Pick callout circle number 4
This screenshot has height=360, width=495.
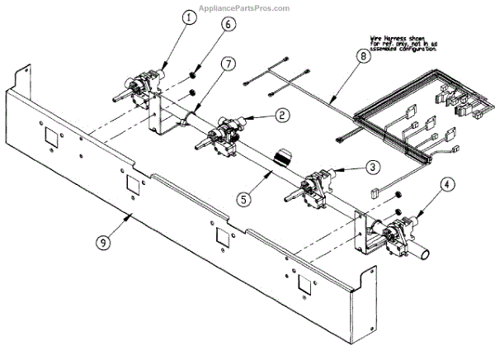point(446,183)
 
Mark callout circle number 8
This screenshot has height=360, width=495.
point(361,57)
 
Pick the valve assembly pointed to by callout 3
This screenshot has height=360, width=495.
point(314,185)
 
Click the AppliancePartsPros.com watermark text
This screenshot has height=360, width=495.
point(247,7)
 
